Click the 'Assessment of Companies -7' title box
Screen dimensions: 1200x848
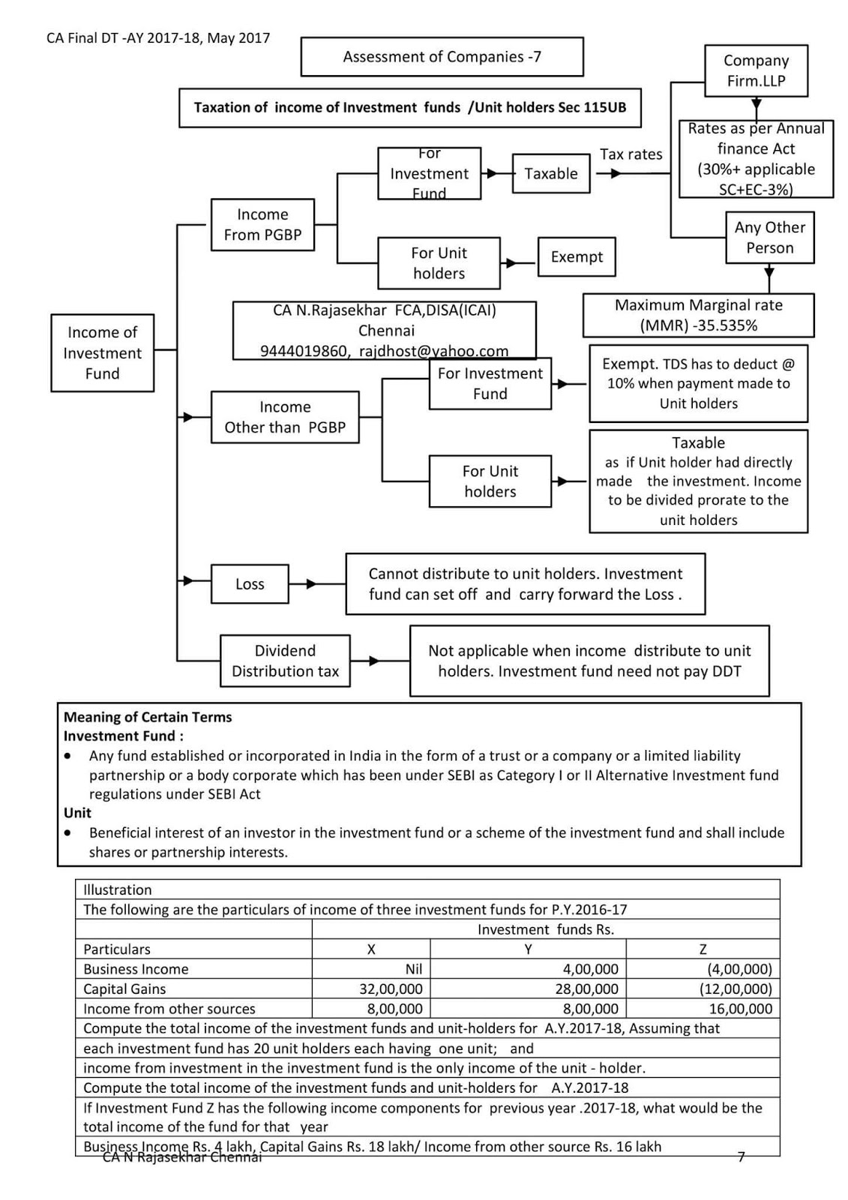point(442,57)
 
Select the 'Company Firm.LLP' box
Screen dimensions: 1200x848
point(756,70)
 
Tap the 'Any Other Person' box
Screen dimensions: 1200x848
point(769,238)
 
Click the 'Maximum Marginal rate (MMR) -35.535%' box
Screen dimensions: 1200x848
point(698,315)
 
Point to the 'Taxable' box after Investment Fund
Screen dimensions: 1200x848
point(550,174)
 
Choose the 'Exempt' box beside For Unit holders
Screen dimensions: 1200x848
point(577,257)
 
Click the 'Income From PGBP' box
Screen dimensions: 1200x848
point(262,224)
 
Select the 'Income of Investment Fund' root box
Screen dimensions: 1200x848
point(102,352)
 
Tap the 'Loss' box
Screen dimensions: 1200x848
point(250,584)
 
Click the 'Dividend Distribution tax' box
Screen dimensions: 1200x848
point(285,661)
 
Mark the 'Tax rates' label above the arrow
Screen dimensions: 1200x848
point(631,154)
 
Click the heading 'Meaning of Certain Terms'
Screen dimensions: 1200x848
point(148,717)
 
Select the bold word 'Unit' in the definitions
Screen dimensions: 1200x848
point(77,813)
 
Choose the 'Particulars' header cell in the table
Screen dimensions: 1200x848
point(117,949)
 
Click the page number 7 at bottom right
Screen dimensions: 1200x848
point(741,1157)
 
